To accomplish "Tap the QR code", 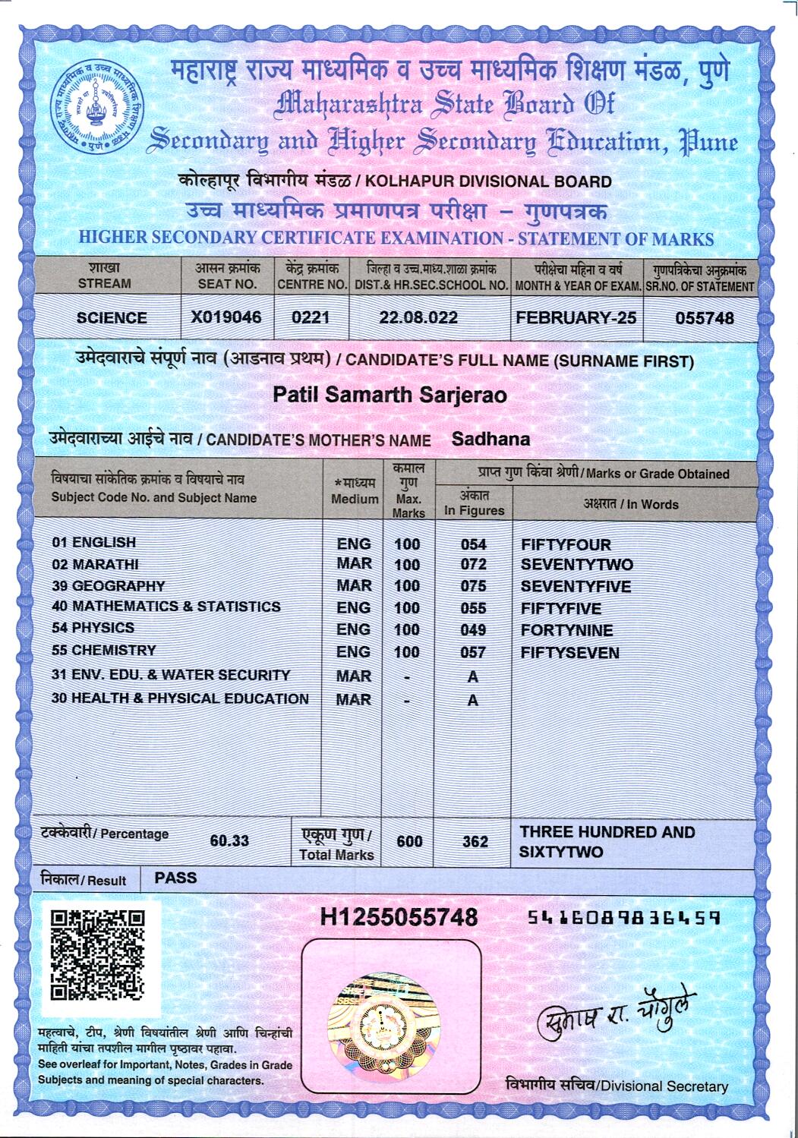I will point(97,956).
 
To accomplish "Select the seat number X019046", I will point(226,317).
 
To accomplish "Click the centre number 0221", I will point(311,317).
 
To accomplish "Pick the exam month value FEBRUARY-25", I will point(576,317).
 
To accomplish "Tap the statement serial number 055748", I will point(704,318).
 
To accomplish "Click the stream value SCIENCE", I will point(112,318).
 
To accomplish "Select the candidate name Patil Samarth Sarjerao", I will point(390,396).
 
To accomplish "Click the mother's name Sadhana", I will point(490,439).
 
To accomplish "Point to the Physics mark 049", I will point(473,630).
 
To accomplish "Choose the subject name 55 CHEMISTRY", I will point(103,651).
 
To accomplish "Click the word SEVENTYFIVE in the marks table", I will point(576,587).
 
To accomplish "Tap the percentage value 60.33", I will point(229,841).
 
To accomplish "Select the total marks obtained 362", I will point(475,841).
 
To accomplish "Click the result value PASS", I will point(175,878).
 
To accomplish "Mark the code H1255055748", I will point(399,917).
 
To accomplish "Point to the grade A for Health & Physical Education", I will point(472,700).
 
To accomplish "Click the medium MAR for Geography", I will point(354,586).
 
